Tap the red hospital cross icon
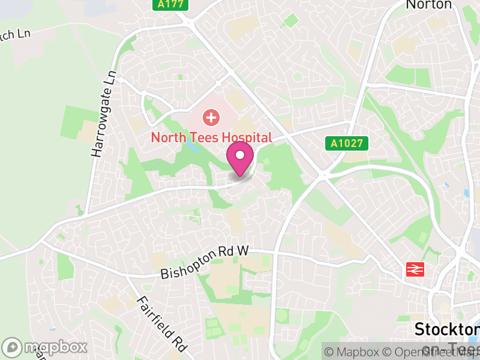coord(211,116)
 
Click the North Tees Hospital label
coord(211,137)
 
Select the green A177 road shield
coord(170,5)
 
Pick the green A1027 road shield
coord(347,143)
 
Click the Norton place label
coord(428,5)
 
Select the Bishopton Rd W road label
coord(204,263)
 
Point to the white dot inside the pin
coord(240,155)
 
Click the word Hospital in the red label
coord(245,137)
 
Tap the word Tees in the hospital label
coord(201,137)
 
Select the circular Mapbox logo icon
coord(12,347)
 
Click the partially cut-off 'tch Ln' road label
coord(15,34)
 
